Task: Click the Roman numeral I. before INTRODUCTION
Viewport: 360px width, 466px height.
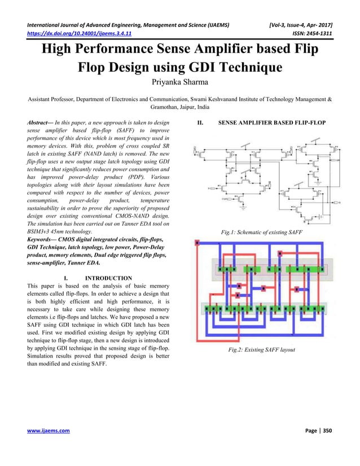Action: (x=68, y=278)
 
